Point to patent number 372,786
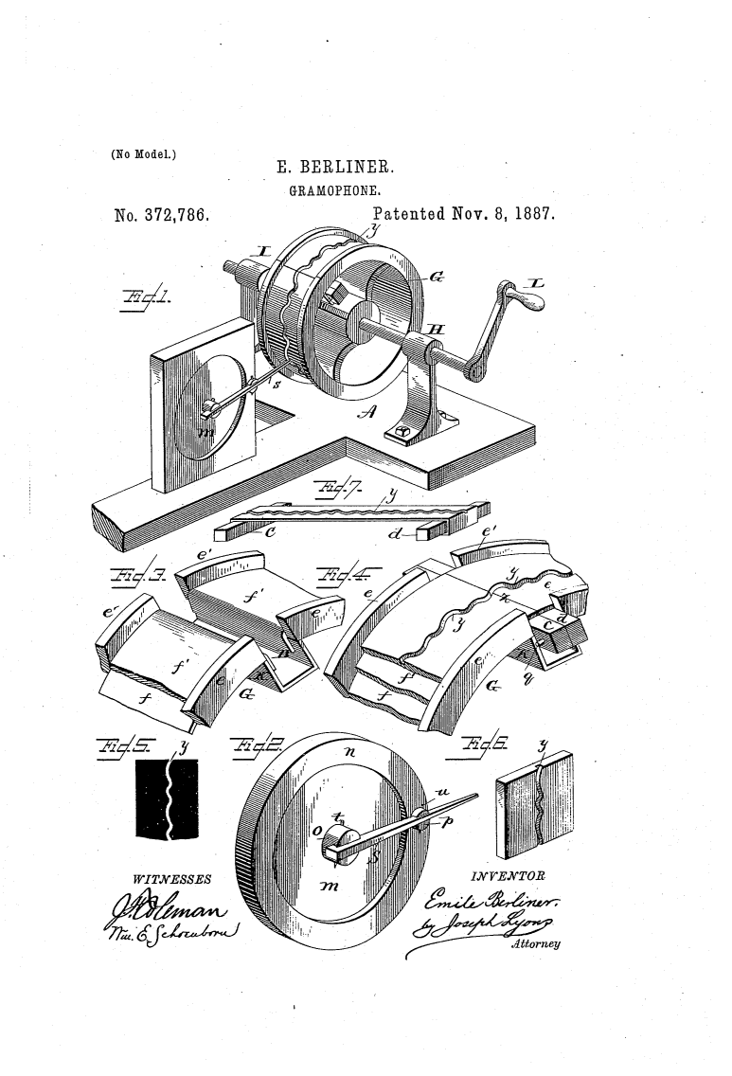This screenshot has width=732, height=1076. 160,215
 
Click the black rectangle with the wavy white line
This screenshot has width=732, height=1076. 168,796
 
